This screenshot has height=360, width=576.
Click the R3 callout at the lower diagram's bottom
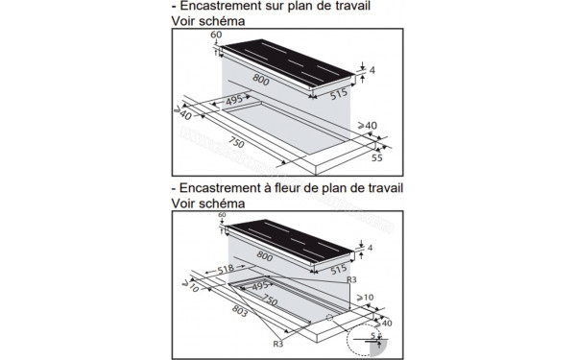[277, 343]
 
